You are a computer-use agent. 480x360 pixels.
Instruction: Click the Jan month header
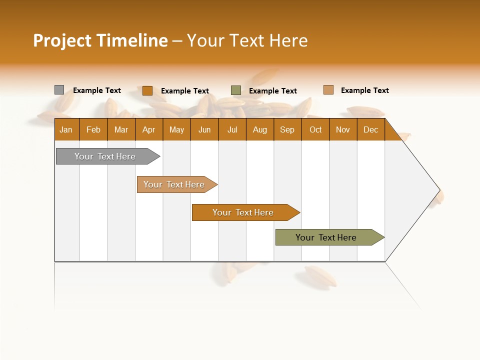click(66, 129)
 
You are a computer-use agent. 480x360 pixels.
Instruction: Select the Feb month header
click(93, 129)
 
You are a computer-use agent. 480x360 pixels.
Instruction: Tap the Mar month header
click(121, 129)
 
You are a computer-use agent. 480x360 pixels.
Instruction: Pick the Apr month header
click(149, 129)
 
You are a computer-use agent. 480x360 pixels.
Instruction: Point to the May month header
click(176, 129)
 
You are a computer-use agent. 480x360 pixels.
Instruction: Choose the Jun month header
click(204, 129)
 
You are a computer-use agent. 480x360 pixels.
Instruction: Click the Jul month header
click(232, 129)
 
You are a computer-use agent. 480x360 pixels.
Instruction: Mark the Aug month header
click(260, 129)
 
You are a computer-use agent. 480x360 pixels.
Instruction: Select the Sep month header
click(287, 129)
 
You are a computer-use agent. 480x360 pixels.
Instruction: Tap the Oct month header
click(315, 129)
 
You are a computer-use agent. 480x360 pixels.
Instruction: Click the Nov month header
click(343, 129)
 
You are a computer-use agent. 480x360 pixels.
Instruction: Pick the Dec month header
click(371, 129)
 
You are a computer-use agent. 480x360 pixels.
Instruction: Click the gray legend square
click(59, 90)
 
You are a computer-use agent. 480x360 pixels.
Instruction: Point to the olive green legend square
click(236, 90)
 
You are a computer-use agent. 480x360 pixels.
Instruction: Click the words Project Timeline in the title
click(100, 40)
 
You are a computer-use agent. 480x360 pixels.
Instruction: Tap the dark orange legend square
click(147, 90)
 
